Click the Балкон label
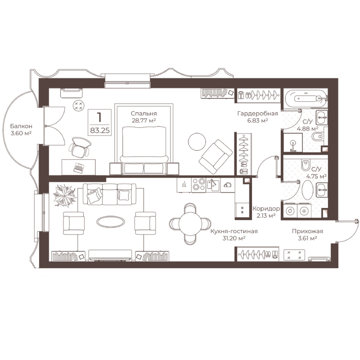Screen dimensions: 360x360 pyautogui.click(x=21, y=126)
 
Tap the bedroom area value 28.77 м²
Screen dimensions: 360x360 pyautogui.click(x=144, y=121)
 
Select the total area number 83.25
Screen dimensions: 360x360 pyautogui.click(x=100, y=130)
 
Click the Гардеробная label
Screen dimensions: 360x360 pyautogui.click(x=257, y=113)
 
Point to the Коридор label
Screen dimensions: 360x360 pyautogui.click(x=266, y=209)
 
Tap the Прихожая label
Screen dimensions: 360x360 pyautogui.click(x=307, y=231)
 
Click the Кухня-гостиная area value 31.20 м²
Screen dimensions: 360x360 pyautogui.click(x=234, y=238)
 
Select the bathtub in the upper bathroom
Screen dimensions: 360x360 pyautogui.click(x=306, y=99)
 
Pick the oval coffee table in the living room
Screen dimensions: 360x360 pyautogui.click(x=111, y=222)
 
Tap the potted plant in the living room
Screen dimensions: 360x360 pyautogui.click(x=64, y=196)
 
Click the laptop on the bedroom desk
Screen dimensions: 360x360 pyautogui.click(x=79, y=167)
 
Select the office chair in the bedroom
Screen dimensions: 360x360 pyautogui.click(x=79, y=147)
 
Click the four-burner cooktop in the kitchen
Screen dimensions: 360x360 pyautogui.click(x=198, y=184)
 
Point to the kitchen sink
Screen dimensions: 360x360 pyautogui.click(x=213, y=185)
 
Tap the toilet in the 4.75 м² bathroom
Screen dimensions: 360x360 pyautogui.click(x=306, y=165)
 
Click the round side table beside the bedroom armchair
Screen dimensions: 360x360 pyautogui.click(x=197, y=142)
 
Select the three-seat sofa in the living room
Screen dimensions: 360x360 pyautogui.click(x=109, y=194)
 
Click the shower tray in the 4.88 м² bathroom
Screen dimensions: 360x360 pyautogui.click(x=293, y=143)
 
